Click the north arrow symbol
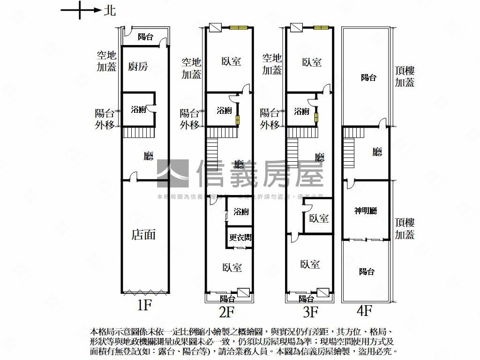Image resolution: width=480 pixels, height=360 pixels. click(x=81, y=10)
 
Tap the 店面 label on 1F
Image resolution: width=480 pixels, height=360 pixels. click(x=143, y=234)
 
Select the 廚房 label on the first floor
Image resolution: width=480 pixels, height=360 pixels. click(x=138, y=67)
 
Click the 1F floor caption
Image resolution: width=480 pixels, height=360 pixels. click(x=144, y=306)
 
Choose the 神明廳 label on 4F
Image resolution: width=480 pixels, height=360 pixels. click(x=366, y=211)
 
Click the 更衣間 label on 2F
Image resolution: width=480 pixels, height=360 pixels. click(x=240, y=238)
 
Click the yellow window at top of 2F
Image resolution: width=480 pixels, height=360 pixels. click(x=238, y=28)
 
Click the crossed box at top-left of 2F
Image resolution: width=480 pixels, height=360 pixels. click(x=215, y=28)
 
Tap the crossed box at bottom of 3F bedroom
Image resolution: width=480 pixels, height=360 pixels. click(x=323, y=293)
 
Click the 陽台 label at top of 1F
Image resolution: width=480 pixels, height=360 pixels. click(x=145, y=37)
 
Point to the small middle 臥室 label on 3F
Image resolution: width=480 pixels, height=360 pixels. click(x=319, y=218)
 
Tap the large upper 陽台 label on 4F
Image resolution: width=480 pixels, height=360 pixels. click(x=368, y=78)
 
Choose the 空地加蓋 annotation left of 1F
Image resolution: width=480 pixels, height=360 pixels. click(x=106, y=61)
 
